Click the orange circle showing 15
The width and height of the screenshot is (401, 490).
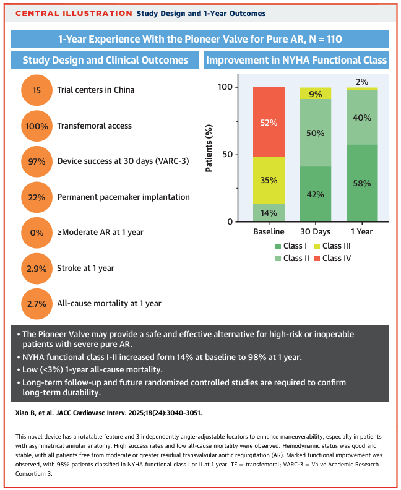pos(37,90)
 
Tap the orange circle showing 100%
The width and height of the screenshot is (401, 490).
pos(37,126)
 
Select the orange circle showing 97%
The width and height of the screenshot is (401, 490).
pos(37,161)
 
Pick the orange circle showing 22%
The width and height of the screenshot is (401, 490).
pos(37,197)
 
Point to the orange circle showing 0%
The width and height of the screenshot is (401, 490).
pos(37,232)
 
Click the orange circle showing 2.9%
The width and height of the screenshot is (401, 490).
pos(37,268)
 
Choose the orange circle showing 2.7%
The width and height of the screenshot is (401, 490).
pos(37,303)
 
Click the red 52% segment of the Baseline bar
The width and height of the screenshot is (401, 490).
pos(269,122)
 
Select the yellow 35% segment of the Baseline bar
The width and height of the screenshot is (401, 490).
pos(269,180)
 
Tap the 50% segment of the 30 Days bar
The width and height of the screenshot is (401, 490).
pos(315,132)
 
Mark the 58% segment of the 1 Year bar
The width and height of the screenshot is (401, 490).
pos(361,183)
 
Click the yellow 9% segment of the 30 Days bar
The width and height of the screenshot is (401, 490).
pos(315,93)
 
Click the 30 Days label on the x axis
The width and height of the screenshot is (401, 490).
pos(315,231)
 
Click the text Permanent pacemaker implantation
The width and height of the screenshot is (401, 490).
pos(123,197)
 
